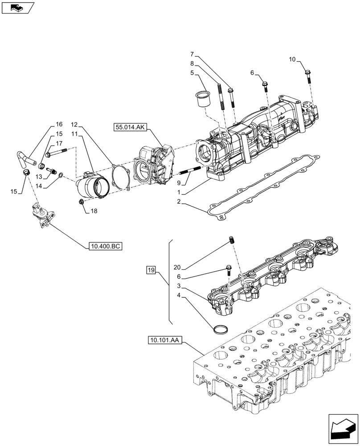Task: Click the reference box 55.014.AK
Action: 129,127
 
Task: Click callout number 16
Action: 59,124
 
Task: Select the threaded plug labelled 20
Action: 232,240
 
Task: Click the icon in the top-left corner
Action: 18,8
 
